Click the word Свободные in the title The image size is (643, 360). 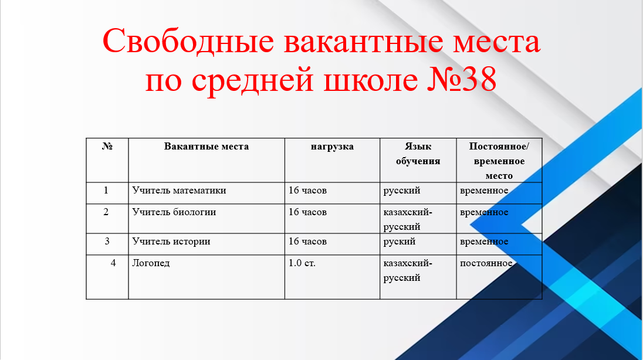pyautogui.click(x=188, y=42)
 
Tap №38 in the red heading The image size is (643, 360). pyautogui.click(x=462, y=79)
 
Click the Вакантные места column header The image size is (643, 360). pyautogui.click(x=207, y=147)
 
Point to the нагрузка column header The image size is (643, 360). pyautogui.click(x=332, y=147)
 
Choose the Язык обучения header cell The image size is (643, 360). pyautogui.click(x=418, y=154)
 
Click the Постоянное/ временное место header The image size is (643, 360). pyautogui.click(x=499, y=161)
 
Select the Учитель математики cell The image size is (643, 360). pyautogui.click(x=179, y=190)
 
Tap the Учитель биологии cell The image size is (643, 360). pyautogui.click(x=174, y=212)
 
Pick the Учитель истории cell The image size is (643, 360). pyautogui.click(x=171, y=242)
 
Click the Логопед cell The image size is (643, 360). pyautogui.click(x=151, y=263)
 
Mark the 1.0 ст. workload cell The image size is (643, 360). pyautogui.click(x=302, y=263)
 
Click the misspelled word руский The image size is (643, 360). pyautogui.click(x=400, y=242)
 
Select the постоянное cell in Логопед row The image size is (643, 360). pyautogui.click(x=486, y=263)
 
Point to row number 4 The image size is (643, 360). pyautogui.click(x=113, y=263)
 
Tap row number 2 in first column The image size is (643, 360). pyautogui.click(x=106, y=212)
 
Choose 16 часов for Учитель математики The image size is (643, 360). pyautogui.click(x=307, y=190)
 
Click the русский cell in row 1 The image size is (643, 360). pyautogui.click(x=402, y=191)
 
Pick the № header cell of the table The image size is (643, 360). pyautogui.click(x=107, y=147)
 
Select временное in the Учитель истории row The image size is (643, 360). pyautogui.click(x=484, y=242)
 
